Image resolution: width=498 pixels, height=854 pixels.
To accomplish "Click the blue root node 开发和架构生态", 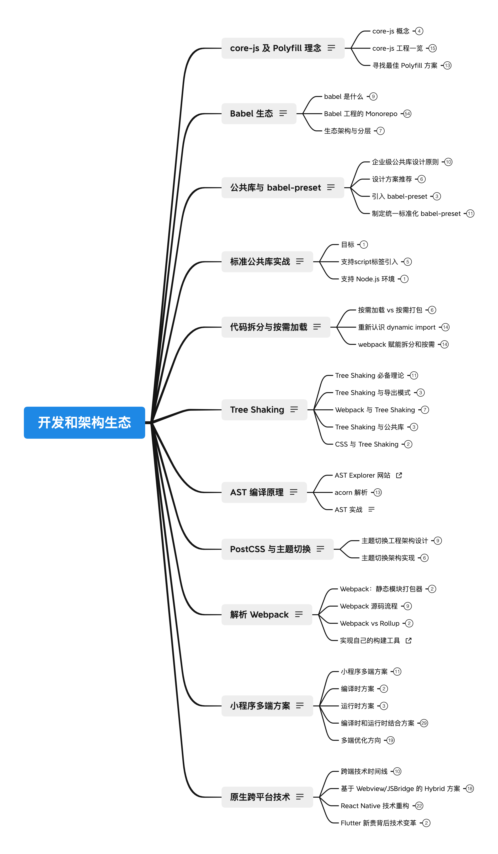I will pyautogui.click(x=84, y=423).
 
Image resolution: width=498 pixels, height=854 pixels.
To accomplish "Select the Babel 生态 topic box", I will pyautogui.click(x=259, y=113).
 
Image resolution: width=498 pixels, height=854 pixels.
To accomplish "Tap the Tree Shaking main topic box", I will pyautogui.click(x=264, y=410).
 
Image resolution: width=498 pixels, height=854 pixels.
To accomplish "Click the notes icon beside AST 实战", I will pyautogui.click(x=371, y=509).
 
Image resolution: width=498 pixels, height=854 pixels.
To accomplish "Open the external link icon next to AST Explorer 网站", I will pyautogui.click(x=399, y=475).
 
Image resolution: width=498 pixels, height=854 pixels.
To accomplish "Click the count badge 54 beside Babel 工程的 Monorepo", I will pyautogui.click(x=407, y=113).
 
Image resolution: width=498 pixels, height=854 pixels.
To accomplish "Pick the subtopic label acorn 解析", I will pyautogui.click(x=351, y=492).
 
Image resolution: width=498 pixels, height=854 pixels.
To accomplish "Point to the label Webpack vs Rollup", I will pyautogui.click(x=370, y=623).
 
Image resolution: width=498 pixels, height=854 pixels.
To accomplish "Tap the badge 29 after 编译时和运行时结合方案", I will pyautogui.click(x=424, y=723).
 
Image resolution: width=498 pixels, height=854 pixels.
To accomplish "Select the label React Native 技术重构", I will pyautogui.click(x=375, y=806).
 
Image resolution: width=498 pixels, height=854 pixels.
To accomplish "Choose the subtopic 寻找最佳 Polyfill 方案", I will pyautogui.click(x=405, y=65).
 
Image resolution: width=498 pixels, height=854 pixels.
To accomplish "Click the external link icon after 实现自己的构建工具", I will pyautogui.click(x=408, y=640).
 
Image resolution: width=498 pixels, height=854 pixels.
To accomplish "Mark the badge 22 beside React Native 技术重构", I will pyautogui.click(x=419, y=806).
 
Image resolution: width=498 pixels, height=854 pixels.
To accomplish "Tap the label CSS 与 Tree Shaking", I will pyautogui.click(x=366, y=444).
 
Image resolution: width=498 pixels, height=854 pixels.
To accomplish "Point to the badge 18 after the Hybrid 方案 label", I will pyautogui.click(x=470, y=789).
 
